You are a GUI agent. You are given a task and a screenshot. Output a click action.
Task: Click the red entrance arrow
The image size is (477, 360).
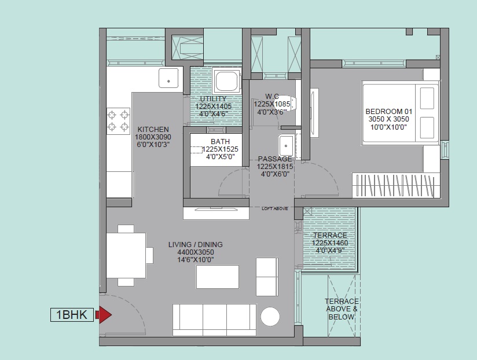point(104,315)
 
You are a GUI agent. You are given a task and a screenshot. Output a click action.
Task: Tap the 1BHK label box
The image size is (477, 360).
point(72,315)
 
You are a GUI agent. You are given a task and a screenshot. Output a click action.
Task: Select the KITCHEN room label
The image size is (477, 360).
point(153,129)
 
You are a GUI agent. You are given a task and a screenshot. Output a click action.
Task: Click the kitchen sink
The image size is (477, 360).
point(168,78)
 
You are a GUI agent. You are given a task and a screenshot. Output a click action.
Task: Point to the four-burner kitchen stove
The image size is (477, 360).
point(118,121)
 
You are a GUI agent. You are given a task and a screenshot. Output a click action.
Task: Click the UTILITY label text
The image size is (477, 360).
point(213,99)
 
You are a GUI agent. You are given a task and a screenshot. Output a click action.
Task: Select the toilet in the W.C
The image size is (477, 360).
point(284,103)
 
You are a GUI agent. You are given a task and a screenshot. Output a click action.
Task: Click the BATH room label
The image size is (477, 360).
point(220,142)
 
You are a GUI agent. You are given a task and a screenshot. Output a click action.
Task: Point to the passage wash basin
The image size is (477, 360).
point(286,146)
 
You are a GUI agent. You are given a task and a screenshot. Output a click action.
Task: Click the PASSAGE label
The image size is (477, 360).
point(275,159)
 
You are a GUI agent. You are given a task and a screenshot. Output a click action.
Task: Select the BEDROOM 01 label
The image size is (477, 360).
point(389,111)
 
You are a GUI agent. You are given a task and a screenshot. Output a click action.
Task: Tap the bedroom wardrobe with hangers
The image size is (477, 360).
point(396,185)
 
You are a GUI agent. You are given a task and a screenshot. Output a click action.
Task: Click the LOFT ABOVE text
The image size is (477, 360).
point(275,208)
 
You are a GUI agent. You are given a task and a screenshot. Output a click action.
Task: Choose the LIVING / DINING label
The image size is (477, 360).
point(196,244)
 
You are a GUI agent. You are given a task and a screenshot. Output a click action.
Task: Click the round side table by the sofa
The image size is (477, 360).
point(270,317)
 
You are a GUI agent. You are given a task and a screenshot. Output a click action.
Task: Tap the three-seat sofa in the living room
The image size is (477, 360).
point(214,319)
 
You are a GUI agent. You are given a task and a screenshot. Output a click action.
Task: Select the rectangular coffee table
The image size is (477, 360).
point(218,277)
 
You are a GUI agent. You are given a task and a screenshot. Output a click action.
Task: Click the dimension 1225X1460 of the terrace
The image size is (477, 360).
point(330,243)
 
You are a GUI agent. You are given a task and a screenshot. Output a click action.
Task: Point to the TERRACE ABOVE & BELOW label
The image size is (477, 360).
point(342,309)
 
